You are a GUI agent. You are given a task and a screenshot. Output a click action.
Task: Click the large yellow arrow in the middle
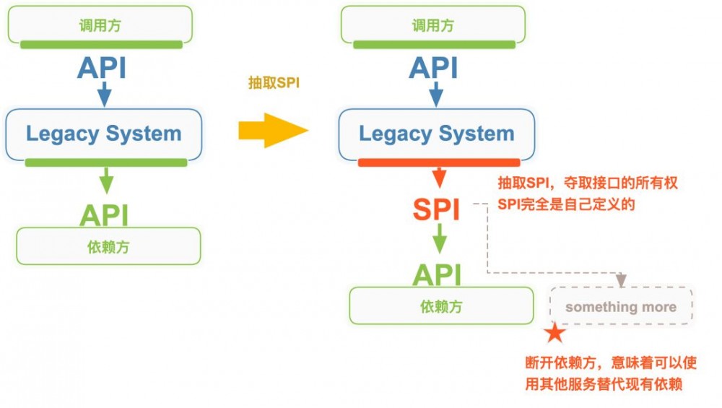pyautogui.click(x=272, y=131)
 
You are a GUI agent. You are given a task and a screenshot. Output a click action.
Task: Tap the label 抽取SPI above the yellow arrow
pyautogui.click(x=273, y=83)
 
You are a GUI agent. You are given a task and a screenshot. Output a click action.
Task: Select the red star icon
pyautogui.click(x=554, y=332)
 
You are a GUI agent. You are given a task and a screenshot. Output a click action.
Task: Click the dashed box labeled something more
pyautogui.click(x=621, y=307)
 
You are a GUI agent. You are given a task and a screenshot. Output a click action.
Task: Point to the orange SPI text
pyautogui.click(x=436, y=209)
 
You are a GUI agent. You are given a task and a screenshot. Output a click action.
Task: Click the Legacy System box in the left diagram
pyautogui.click(x=104, y=134)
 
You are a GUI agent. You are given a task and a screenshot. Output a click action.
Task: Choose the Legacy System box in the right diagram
pyautogui.click(x=437, y=134)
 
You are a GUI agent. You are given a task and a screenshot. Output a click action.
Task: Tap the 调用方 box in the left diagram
pyautogui.click(x=100, y=25)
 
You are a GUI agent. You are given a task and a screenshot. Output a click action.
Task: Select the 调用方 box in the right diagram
pyautogui.click(x=433, y=25)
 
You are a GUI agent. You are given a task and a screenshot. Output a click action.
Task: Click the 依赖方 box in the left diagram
pyautogui.click(x=108, y=246)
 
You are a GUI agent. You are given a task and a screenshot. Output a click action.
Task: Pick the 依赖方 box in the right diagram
pyautogui.click(x=441, y=306)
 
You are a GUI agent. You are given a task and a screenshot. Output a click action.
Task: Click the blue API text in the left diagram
pyautogui.click(x=102, y=68)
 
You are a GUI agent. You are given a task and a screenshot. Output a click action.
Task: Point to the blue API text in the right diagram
pyautogui.click(x=433, y=68)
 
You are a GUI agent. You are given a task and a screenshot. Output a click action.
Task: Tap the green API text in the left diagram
pyautogui.click(x=104, y=215)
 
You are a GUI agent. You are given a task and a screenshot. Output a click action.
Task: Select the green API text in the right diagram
pyautogui.click(x=437, y=274)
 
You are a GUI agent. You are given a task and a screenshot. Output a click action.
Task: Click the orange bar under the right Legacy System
pyautogui.click(x=438, y=162)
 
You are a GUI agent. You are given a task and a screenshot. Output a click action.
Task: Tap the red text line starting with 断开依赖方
pyautogui.click(x=610, y=363)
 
